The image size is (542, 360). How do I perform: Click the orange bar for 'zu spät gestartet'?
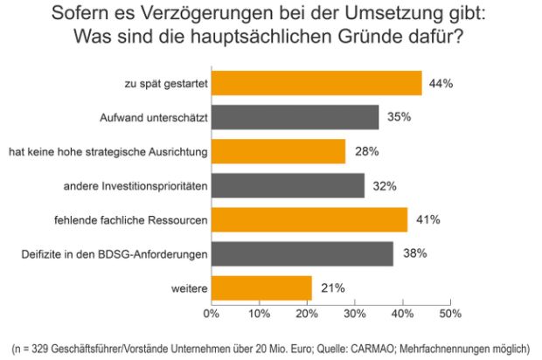click(x=316, y=83)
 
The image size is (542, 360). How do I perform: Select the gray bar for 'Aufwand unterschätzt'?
click(x=295, y=117)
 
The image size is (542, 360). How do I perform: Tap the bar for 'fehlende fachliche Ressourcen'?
click(x=309, y=219)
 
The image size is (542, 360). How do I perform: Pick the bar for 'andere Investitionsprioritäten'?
click(x=288, y=185)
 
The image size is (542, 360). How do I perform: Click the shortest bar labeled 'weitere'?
click(x=261, y=287)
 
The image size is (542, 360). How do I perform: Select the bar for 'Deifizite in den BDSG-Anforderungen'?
click(x=302, y=253)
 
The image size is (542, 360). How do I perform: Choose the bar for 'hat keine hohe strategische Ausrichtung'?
click(x=278, y=151)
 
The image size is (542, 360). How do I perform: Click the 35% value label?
click(x=399, y=118)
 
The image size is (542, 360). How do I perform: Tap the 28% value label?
click(x=366, y=152)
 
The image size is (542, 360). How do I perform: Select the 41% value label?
click(x=427, y=220)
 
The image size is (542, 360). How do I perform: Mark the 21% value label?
click(x=332, y=288)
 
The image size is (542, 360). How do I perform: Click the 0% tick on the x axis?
click(x=211, y=312)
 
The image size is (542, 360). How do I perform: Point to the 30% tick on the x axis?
click(x=354, y=312)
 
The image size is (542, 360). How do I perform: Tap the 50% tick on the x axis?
click(x=449, y=312)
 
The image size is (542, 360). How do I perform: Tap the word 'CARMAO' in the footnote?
click(x=349, y=348)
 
